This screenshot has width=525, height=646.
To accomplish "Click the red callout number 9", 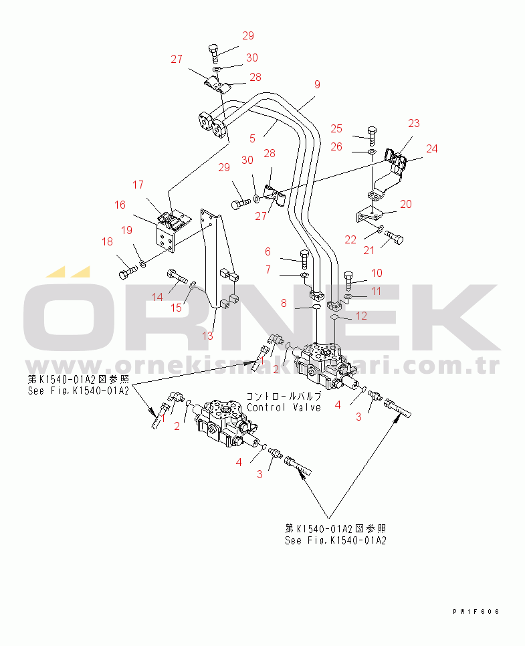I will pos(316,84).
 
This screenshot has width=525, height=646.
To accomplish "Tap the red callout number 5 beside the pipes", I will pos(252,138).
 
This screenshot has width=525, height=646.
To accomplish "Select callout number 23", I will pos(414,123).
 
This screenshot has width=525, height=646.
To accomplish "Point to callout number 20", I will pos(406,204).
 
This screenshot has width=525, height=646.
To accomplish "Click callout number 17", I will pos(138,185).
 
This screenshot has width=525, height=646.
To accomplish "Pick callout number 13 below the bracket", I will pos(208,335).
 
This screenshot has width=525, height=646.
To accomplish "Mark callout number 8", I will pos(284,303).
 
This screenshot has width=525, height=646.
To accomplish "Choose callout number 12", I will pos(361,316).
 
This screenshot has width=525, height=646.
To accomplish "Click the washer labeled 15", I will pos(193,286).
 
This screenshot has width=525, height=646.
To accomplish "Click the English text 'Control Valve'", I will pos(284,407).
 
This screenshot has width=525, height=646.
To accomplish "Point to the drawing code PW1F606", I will pos(476,611).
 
